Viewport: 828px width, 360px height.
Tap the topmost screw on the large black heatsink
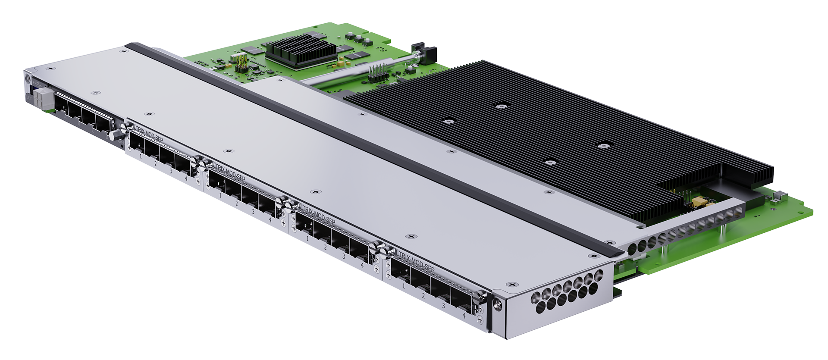pos(500,105)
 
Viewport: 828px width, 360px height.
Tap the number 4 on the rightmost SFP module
pos(464,316)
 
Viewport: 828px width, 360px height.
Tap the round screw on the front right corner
pos(497,305)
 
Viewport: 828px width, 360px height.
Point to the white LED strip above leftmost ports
pos(84,103)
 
